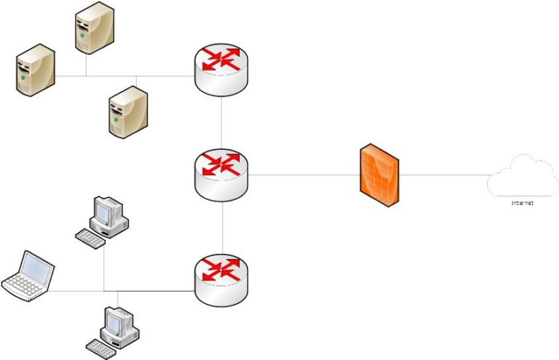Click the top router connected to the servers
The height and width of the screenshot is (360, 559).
pyautogui.click(x=222, y=71)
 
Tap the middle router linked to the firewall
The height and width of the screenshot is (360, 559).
pyautogui.click(x=222, y=173)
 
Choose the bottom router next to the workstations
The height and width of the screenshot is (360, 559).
pyautogui.click(x=222, y=278)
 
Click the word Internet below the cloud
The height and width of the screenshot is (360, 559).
pyautogui.click(x=522, y=204)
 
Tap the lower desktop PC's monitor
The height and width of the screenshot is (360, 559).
pyautogui.click(x=117, y=321)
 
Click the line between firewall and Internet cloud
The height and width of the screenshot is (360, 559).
pyautogui.click(x=444, y=175)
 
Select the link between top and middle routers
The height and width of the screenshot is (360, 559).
pyautogui.click(x=222, y=124)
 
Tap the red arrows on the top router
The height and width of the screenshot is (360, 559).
pyautogui.click(x=222, y=59)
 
